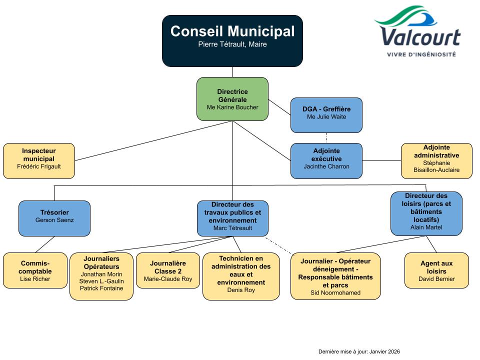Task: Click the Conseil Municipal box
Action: (x=232, y=40)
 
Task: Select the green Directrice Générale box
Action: (x=232, y=98)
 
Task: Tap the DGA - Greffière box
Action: (x=326, y=114)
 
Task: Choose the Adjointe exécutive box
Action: (x=326, y=160)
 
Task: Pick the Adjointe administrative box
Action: (x=436, y=160)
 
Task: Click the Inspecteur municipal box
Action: (x=39, y=160)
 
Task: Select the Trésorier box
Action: (x=54, y=218)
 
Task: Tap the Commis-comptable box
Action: (x=35, y=270)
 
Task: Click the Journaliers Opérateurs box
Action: (x=101, y=276)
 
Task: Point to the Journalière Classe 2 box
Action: (x=168, y=270)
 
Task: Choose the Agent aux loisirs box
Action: (x=436, y=270)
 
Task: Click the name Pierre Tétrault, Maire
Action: (x=232, y=44)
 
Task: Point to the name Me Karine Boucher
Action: (x=232, y=107)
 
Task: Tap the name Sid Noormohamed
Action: (x=335, y=293)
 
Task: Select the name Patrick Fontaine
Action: (x=101, y=288)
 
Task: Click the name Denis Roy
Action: (x=241, y=290)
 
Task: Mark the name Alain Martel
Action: (x=426, y=227)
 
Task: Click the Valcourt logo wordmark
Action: (x=419, y=37)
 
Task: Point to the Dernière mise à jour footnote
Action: (x=359, y=351)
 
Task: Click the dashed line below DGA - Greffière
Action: (x=326, y=138)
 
